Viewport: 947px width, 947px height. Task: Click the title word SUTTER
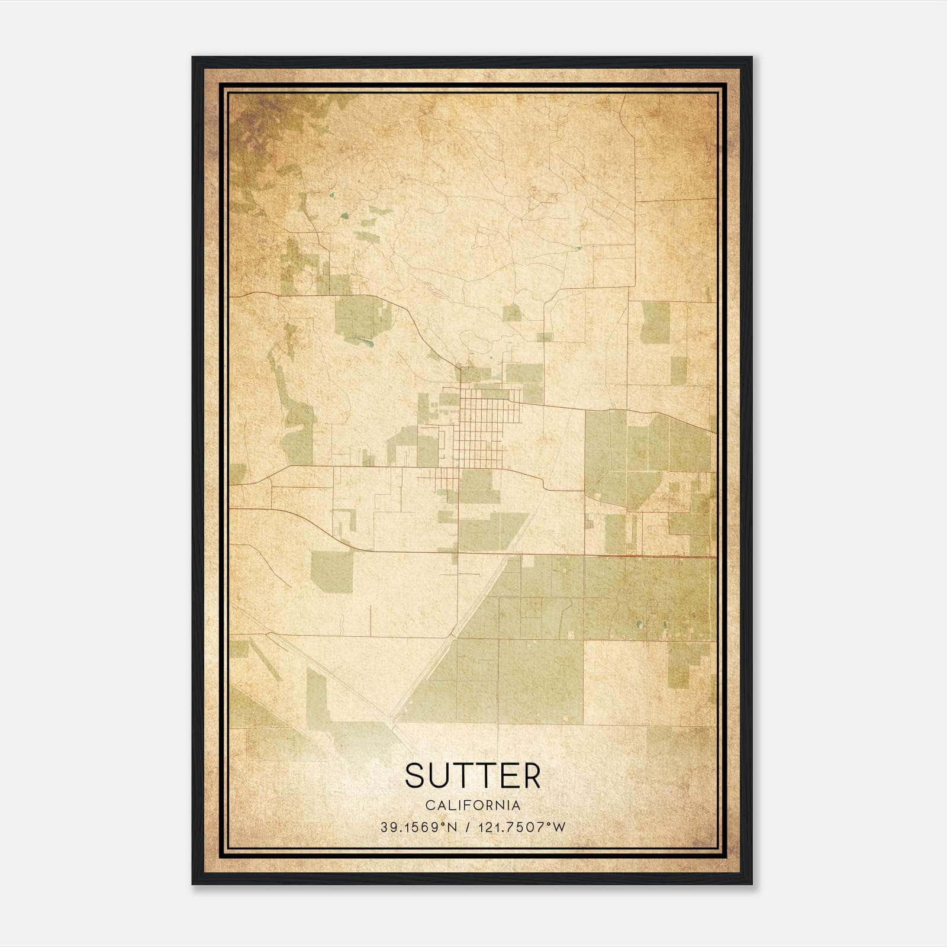[x=473, y=775]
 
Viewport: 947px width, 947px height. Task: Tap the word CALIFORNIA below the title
[x=473, y=806]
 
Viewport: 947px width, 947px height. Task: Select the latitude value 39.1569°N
[x=419, y=827]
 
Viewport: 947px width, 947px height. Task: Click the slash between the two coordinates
[x=468, y=827]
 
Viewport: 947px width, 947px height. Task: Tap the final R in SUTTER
[x=531, y=775]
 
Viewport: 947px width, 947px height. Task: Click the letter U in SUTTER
[x=439, y=775]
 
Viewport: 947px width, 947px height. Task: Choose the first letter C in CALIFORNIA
[x=429, y=806]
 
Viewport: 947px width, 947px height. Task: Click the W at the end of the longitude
[x=559, y=827]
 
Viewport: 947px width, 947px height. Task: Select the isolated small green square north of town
[x=511, y=313]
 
